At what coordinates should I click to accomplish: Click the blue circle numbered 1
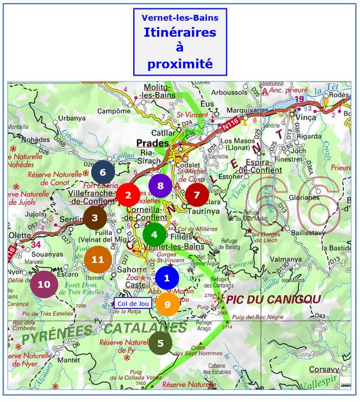pyautogui.click(x=167, y=278)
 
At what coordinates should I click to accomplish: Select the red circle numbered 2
pyautogui.click(x=128, y=194)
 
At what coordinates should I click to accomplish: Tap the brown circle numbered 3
pyautogui.click(x=95, y=218)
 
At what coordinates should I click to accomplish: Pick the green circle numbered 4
pyautogui.click(x=154, y=235)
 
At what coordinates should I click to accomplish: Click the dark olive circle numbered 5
pyautogui.click(x=160, y=343)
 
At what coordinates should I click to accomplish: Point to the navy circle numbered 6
pyautogui.click(x=103, y=172)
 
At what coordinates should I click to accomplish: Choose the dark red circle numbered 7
pyautogui.click(x=196, y=194)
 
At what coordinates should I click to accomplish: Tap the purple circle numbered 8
pyautogui.click(x=160, y=186)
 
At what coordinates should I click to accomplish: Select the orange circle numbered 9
pyautogui.click(x=167, y=304)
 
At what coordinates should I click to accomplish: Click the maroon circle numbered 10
pyautogui.click(x=44, y=284)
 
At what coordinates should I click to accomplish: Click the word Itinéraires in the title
pyautogui.click(x=179, y=32)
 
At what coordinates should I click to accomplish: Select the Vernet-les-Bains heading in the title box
pyautogui.click(x=179, y=18)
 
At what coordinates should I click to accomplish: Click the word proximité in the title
pyautogui.click(x=179, y=64)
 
